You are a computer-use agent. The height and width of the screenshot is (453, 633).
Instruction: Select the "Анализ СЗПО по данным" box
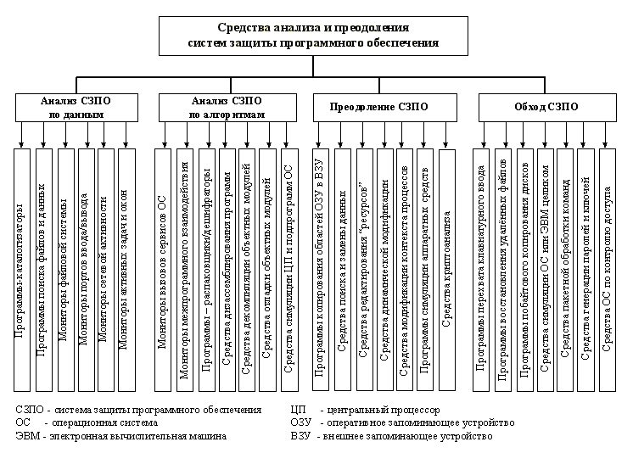(x=75, y=107)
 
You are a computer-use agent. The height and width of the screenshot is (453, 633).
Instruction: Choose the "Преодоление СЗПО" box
(x=378, y=107)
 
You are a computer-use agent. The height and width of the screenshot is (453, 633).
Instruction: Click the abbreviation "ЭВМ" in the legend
(x=28, y=437)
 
